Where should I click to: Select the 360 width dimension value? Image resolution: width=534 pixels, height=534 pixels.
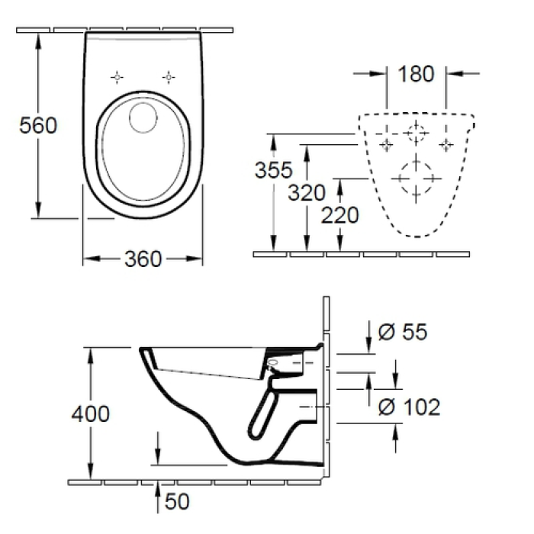(143, 259)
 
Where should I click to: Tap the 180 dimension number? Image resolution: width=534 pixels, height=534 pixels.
(416, 74)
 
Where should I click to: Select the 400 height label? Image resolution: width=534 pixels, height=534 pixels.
(90, 414)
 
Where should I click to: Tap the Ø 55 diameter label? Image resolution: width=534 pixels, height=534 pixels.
(403, 332)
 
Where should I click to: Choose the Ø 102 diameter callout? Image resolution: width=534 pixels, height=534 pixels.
(410, 407)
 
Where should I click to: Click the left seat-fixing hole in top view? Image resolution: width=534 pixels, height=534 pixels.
(117, 76)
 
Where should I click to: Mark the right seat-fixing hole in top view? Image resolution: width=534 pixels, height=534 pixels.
(168, 76)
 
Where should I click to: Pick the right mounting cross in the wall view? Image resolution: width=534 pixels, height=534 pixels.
(446, 143)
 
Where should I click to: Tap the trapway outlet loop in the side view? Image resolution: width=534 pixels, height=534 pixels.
(263, 417)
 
